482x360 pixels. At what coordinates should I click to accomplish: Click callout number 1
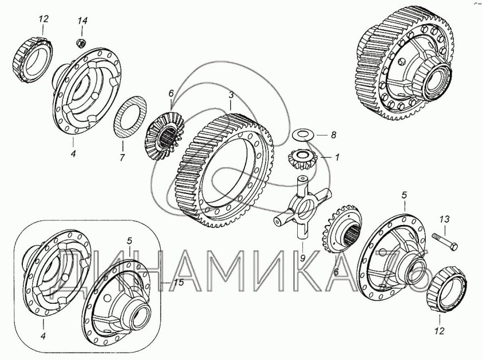pyautogui.click(x=337, y=157)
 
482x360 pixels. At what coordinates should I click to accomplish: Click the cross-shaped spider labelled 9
pyautogui.click(x=302, y=207)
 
